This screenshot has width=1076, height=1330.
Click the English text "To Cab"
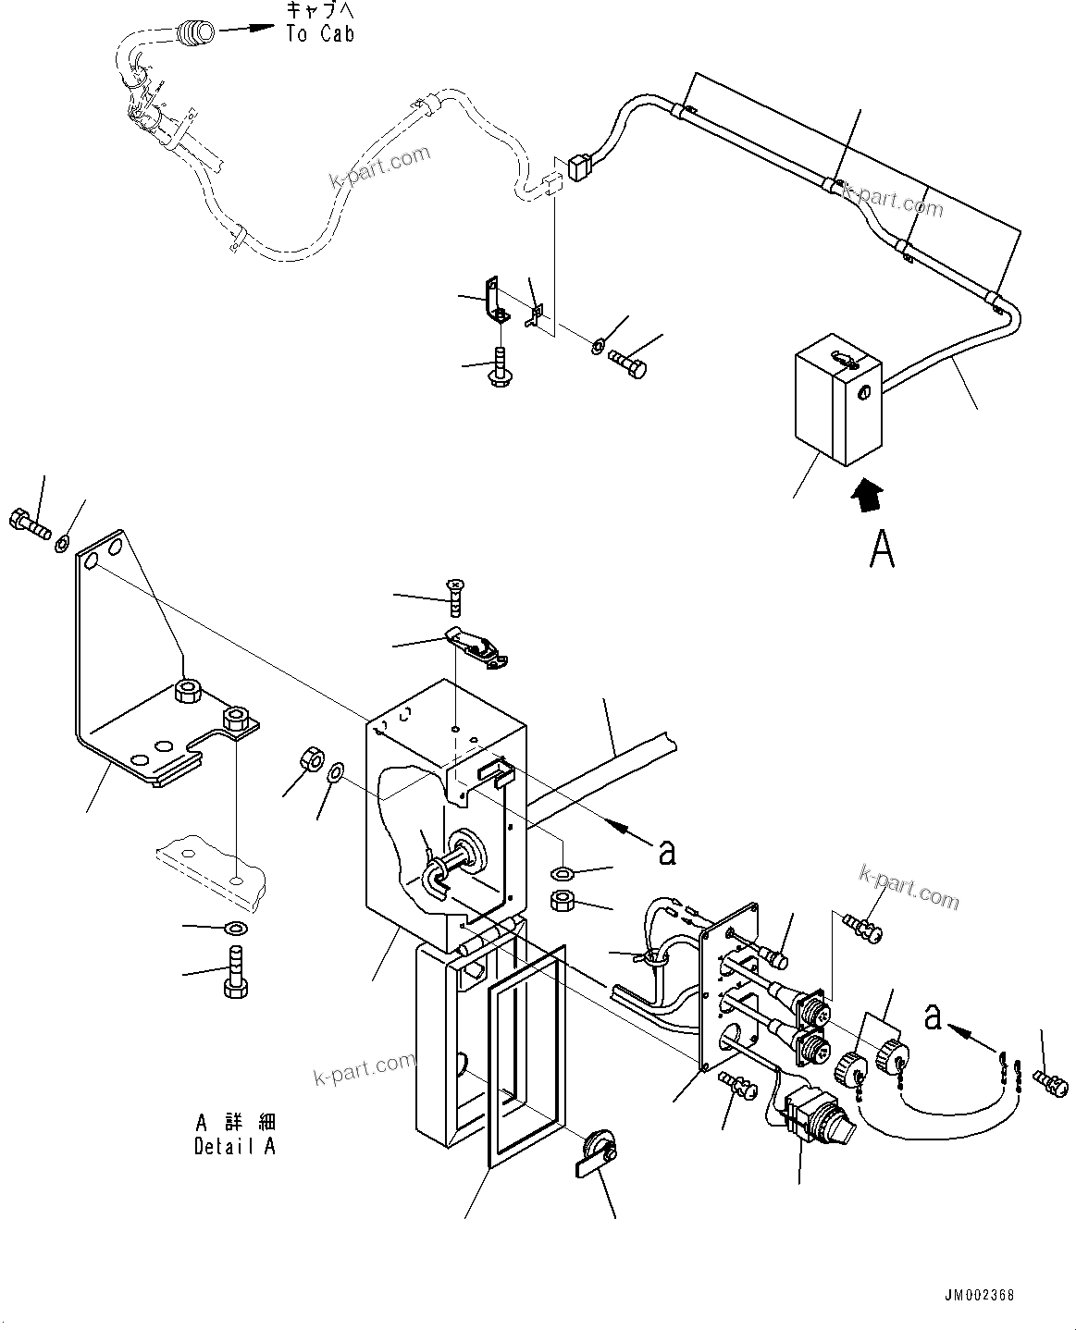[319, 34]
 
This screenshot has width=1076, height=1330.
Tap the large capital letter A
[882, 549]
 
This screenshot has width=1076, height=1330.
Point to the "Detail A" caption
[235, 1146]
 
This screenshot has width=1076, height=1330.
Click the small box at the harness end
[835, 406]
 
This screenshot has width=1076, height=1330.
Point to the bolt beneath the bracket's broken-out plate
[235, 978]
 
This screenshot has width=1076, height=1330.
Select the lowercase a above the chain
[934, 1016]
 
